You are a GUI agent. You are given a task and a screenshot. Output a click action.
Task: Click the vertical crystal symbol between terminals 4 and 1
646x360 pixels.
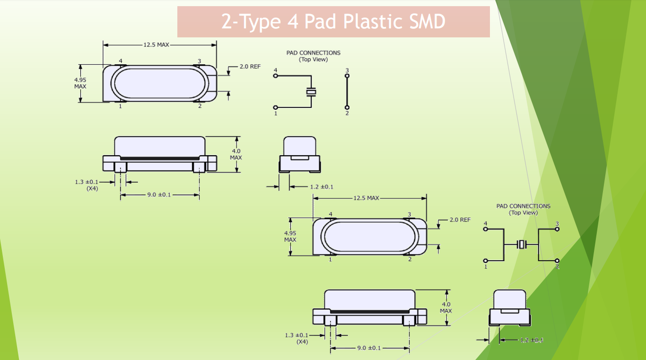click(311, 92)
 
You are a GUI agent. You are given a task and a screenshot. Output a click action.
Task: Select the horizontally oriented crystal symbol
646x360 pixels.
click(521, 245)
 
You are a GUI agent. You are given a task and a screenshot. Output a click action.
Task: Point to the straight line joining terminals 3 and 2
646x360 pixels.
click(347, 91)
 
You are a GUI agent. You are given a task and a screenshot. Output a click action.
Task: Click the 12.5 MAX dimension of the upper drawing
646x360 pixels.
click(157, 45)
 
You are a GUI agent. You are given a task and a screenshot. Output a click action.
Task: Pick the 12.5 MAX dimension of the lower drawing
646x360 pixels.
click(366, 198)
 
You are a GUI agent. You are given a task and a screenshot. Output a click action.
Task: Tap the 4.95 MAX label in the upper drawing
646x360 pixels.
click(80, 83)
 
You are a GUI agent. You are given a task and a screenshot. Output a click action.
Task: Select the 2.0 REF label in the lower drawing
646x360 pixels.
click(460, 220)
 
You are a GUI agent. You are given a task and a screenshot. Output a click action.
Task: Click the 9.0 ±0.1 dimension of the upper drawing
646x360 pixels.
click(159, 195)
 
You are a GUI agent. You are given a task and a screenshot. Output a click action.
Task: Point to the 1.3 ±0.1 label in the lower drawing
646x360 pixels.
click(297, 335)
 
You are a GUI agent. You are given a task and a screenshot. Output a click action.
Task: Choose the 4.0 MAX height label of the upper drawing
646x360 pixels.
click(236, 154)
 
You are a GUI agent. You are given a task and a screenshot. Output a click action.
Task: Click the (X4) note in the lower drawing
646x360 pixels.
click(302, 342)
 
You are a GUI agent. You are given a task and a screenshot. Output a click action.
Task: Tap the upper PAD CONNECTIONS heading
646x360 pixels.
click(313, 53)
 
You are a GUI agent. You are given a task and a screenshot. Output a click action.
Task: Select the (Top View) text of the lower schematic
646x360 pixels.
click(523, 213)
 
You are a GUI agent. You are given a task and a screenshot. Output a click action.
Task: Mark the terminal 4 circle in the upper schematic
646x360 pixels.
click(276, 75)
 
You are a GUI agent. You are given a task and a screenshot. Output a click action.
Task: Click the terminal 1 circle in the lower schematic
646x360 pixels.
click(486, 261)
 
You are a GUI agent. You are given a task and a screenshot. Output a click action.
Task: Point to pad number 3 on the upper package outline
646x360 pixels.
click(199, 61)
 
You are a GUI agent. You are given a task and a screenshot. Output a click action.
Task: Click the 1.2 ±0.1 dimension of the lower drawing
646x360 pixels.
click(531, 340)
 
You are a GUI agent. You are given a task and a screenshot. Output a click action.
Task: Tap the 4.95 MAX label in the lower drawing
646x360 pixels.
click(290, 237)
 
